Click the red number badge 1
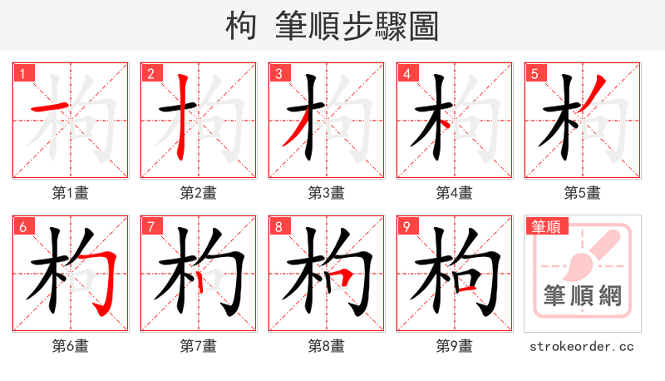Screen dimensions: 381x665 tap(22, 73)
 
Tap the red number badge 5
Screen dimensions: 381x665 tap(534, 73)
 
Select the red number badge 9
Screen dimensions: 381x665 tap(406, 226)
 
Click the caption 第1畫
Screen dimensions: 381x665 tap(71, 193)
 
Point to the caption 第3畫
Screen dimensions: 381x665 tap(327, 193)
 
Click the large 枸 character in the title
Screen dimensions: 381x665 tap(242, 27)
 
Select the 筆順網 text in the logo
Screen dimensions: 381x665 tap(583, 295)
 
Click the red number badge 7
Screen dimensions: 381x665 tap(150, 226)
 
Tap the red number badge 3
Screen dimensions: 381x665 tap(278, 73)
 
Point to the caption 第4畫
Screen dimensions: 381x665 tap(455, 193)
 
